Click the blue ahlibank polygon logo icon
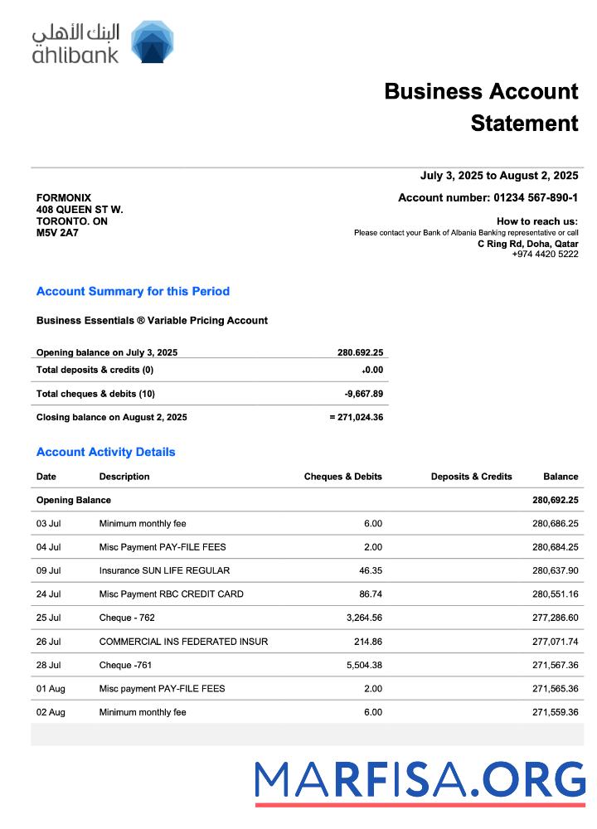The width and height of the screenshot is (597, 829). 153,42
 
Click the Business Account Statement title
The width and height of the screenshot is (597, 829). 481,107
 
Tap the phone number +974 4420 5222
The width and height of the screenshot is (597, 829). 545,254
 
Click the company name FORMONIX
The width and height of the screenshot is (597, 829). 64,198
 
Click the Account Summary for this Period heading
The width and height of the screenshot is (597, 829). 133,291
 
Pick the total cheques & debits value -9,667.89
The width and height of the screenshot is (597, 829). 363,394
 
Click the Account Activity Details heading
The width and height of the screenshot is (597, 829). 106,452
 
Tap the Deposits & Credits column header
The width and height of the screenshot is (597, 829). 471,477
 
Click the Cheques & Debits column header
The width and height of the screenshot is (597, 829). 342,477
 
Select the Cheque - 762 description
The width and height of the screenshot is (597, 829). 127,618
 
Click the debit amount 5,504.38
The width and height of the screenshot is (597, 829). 362,665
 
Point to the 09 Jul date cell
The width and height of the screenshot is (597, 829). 48,570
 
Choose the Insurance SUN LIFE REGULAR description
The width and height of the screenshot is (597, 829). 164,570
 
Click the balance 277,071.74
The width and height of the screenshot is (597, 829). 555,642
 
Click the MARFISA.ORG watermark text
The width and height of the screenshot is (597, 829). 420,780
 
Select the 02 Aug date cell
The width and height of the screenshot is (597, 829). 50,712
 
